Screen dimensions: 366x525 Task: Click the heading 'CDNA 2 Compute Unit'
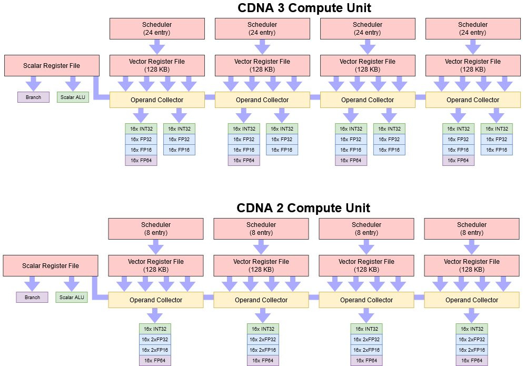click(303, 207)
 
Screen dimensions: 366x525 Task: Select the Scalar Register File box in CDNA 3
click(52, 66)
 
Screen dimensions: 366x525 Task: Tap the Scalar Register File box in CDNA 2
click(51, 266)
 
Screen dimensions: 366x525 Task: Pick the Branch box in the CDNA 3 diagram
click(33, 97)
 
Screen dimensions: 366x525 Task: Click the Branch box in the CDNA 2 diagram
click(32, 298)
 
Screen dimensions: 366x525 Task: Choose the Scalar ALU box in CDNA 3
click(73, 97)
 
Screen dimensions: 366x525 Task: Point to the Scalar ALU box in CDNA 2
click(72, 298)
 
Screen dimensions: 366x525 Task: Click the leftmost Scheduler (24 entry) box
click(157, 28)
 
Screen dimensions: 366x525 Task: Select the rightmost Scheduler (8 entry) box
click(472, 229)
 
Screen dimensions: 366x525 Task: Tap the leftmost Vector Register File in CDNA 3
click(157, 65)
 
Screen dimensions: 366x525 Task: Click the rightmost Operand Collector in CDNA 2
click(472, 300)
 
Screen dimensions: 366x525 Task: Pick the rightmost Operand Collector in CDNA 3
click(473, 100)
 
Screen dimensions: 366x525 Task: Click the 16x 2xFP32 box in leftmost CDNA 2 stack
click(156, 340)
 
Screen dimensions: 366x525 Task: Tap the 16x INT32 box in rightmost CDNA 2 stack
click(472, 329)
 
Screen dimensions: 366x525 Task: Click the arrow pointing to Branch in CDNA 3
click(33, 83)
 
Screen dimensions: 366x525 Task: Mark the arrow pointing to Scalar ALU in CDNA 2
click(72, 283)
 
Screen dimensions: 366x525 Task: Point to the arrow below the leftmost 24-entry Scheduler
click(157, 47)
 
